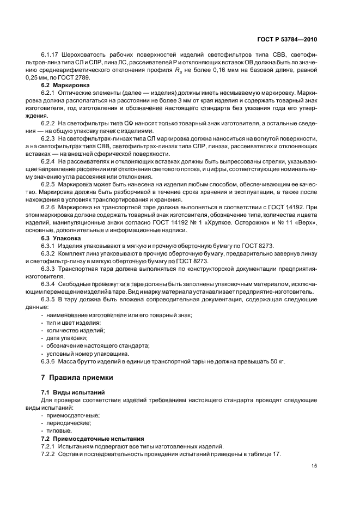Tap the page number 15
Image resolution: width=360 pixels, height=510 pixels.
click(314, 465)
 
